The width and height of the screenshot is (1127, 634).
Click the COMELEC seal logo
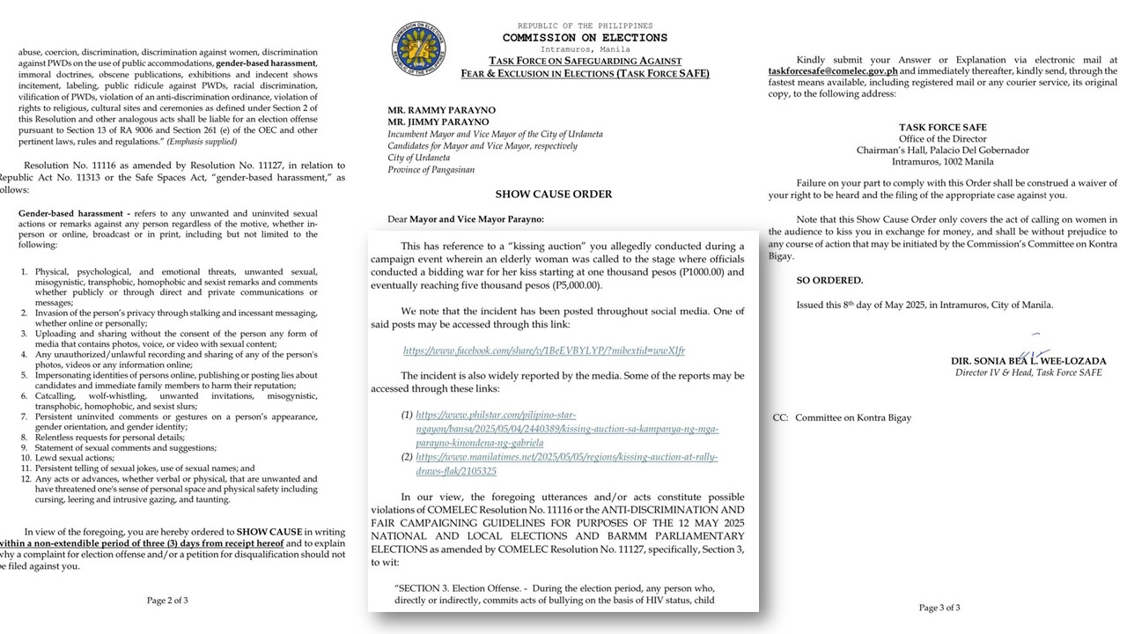pos(419,48)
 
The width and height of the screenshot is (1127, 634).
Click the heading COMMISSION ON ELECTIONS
pos(585,38)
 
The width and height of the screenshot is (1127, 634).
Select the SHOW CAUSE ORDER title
pos(553,194)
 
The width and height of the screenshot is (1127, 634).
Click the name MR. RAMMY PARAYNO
pos(441,111)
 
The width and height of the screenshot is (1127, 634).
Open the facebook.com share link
pos(543,350)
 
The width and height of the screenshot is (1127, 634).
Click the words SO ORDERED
pos(829,281)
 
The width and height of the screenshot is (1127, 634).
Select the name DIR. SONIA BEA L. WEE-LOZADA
pos(1028,361)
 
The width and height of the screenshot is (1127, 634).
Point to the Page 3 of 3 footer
pos(939,608)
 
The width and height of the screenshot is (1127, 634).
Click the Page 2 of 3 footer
pos(167,601)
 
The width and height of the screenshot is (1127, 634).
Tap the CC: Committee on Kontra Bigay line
pos(842,417)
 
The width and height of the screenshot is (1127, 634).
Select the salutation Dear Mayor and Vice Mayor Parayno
pos(466,218)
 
